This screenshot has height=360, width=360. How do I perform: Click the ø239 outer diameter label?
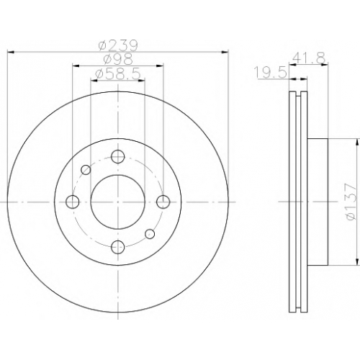tap(119, 45)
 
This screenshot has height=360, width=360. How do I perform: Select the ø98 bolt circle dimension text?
tap(118, 59)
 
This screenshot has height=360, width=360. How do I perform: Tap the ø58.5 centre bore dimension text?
tap(117, 74)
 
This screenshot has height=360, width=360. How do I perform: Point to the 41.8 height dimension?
tap(309, 58)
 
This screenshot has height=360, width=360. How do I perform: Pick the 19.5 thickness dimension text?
tap(271, 72)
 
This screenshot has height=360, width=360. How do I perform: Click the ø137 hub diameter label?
tap(349, 202)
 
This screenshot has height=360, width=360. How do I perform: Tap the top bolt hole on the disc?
tap(118, 156)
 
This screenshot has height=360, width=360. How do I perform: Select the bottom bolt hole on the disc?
tap(118, 247)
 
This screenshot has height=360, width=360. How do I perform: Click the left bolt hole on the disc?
tap(73, 202)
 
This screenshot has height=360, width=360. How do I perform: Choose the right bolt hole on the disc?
tap(163, 202)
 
